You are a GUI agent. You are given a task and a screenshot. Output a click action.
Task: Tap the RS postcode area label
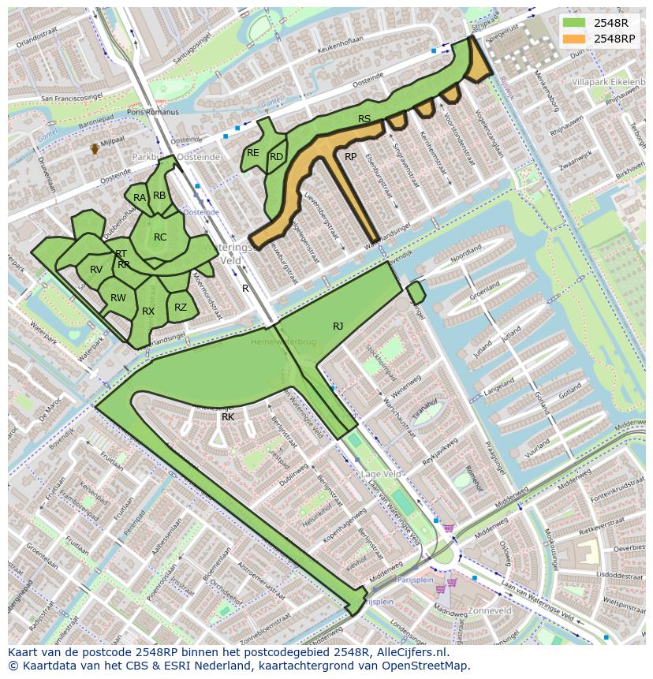pos(364,119)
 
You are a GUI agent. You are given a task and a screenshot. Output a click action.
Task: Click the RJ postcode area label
pos(338,326)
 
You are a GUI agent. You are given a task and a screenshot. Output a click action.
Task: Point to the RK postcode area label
pos(228,416)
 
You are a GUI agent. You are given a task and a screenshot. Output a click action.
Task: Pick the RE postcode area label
pos(253,153)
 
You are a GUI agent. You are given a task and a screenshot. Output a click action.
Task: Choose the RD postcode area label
pos(276,157)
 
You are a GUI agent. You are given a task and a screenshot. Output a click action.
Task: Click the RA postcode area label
pos(140,198)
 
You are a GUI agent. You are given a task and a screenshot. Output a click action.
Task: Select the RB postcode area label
pos(160,196)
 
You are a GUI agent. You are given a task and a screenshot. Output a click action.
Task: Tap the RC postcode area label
pos(160,237)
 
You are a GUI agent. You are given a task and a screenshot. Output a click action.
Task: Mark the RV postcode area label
pos(96,270)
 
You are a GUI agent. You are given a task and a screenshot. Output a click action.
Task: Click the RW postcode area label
pos(118,298)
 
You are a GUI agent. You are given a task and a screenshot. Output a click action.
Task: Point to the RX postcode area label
pos(148,312)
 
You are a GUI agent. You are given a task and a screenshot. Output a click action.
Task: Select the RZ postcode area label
pos(181,308)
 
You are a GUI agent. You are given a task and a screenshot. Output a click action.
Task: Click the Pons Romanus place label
pos(153,112)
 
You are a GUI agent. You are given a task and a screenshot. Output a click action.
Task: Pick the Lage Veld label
pos(382,474)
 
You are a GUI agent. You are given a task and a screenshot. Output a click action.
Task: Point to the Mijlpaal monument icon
pos(95,147)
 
